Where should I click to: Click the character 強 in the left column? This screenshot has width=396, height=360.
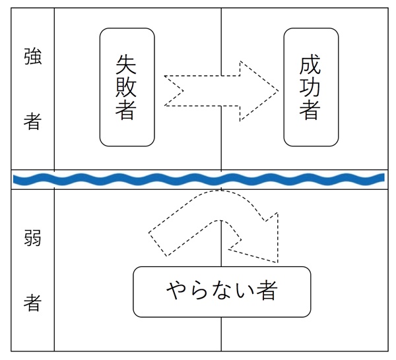pyautogui.click(x=32, y=57)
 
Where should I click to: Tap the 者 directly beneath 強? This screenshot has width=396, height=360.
pyautogui.click(x=32, y=121)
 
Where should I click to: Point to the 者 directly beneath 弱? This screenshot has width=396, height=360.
pyautogui.click(x=32, y=303)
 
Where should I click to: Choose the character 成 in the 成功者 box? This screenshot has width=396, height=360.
pyautogui.click(x=310, y=64)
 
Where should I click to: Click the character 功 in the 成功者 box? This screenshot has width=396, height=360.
pyautogui.click(x=310, y=86)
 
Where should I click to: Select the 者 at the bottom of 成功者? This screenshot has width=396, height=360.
pyautogui.click(x=310, y=110)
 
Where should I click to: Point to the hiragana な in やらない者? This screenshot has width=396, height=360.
pyautogui.click(x=222, y=291)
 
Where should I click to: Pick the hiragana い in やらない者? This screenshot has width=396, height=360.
pyautogui.click(x=244, y=291)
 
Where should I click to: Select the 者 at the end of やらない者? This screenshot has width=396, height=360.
pyautogui.click(x=267, y=291)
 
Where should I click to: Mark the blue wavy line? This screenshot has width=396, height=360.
pyautogui.click(x=198, y=179)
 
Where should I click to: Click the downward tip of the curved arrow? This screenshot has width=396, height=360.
pyautogui.click(x=277, y=261)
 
